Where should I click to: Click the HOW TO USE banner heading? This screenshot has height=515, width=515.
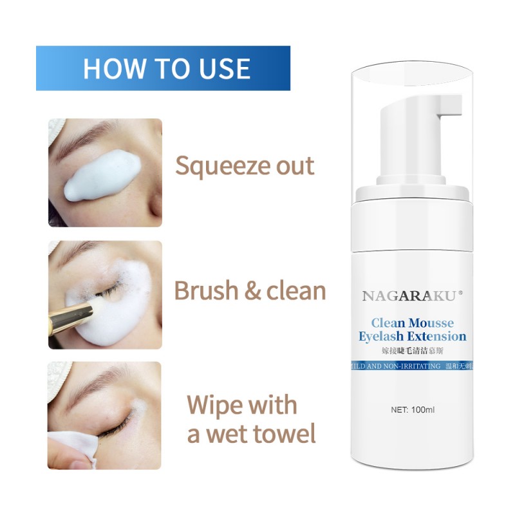[x=166, y=69]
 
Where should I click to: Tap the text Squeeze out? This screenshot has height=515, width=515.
[x=245, y=165]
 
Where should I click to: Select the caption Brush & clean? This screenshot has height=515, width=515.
[x=250, y=291]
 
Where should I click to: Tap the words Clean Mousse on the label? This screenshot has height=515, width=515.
[x=413, y=322]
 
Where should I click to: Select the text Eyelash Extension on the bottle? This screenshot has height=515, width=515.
[x=413, y=336]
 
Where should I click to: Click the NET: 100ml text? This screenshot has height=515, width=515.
[x=413, y=409]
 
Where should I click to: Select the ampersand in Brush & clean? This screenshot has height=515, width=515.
[x=250, y=291]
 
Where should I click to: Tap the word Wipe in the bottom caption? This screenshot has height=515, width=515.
[x=214, y=406]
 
